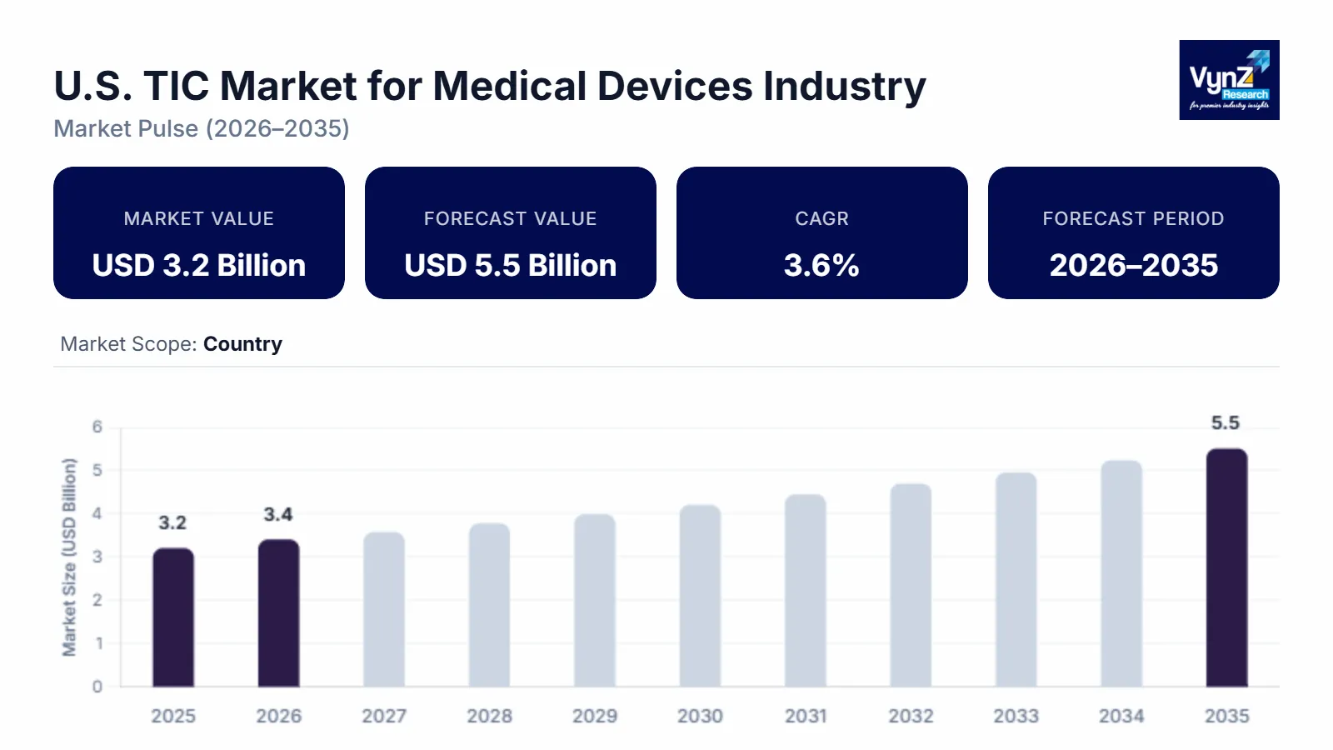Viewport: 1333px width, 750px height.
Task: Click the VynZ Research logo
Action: (1229, 80)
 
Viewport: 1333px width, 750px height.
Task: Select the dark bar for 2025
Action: (173, 617)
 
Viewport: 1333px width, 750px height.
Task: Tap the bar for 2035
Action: (1226, 568)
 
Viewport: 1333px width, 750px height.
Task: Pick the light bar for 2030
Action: (700, 596)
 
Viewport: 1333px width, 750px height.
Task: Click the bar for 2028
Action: (489, 605)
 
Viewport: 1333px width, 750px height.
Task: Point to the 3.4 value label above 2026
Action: (278, 515)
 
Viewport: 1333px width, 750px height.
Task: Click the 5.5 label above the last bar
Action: (1226, 423)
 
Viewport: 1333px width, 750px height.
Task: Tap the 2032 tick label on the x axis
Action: (911, 716)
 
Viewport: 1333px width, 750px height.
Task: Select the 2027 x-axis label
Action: (384, 716)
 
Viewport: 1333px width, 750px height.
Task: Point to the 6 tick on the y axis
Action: (97, 427)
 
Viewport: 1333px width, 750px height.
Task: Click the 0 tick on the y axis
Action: (97, 687)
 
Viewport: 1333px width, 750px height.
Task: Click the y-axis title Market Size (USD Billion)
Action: (69, 557)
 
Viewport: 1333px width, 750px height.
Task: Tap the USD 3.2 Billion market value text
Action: (199, 265)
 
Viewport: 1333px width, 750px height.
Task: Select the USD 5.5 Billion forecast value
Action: (510, 265)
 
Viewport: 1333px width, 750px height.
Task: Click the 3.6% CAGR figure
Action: (821, 265)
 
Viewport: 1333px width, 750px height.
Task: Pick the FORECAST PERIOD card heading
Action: (1133, 218)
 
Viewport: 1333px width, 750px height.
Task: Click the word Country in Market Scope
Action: (242, 344)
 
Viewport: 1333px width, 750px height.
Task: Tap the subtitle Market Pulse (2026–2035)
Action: (202, 128)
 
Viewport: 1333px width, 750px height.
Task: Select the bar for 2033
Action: (1016, 580)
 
